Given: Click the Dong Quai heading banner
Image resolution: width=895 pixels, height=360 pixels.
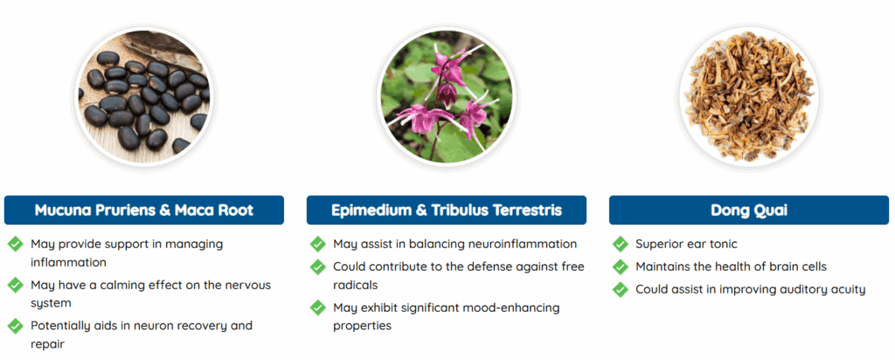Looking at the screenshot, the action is click(748, 210).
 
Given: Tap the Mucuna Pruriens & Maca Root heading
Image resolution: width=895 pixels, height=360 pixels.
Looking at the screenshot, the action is click(144, 210).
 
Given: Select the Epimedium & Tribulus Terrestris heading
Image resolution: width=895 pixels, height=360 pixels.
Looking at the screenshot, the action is click(447, 210).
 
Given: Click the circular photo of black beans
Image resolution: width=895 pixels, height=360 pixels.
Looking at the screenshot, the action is click(144, 97).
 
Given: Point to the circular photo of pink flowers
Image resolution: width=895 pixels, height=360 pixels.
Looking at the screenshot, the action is click(447, 97).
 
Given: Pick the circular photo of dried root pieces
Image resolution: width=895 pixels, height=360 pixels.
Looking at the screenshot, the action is click(748, 97).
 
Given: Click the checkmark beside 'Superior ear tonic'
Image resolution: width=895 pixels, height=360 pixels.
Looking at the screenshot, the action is click(620, 244).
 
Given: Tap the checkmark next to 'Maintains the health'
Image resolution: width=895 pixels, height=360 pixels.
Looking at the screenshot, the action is click(620, 267).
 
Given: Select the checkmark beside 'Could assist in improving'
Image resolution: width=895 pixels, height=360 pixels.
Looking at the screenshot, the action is click(620, 289).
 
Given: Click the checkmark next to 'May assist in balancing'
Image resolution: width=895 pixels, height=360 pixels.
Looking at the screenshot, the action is click(318, 244).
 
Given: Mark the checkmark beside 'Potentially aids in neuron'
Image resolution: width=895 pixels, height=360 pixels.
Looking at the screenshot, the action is click(16, 326).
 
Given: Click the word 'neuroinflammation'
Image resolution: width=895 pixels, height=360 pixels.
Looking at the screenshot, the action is click(522, 244).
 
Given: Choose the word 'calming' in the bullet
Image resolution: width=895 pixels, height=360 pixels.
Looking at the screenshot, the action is click(116, 285).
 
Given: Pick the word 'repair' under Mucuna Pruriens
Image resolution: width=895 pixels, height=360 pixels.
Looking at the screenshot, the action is click(47, 344).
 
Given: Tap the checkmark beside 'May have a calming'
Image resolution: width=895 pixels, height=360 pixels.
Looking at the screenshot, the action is click(16, 285).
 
